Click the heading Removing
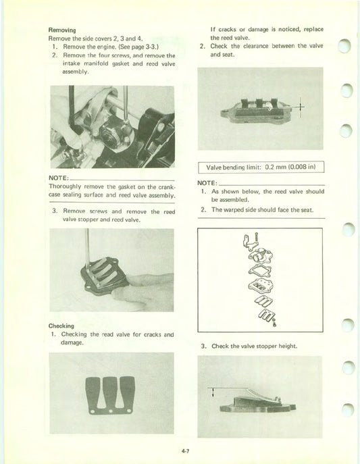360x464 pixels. click(61, 30)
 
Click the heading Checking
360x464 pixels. click(61, 325)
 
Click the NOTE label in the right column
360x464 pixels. click(207, 182)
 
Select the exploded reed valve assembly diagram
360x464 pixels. click(259, 281)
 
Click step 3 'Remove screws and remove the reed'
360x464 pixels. click(112, 211)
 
